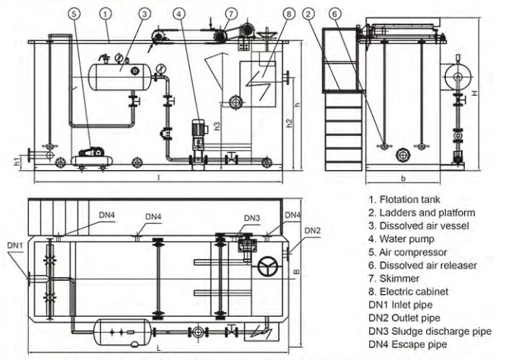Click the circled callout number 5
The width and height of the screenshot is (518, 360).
click(x=74, y=14)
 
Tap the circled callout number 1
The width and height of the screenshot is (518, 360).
click(x=106, y=14)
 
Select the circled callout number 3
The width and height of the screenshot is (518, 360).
click(x=144, y=14)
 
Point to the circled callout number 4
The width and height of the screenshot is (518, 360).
click(x=179, y=14)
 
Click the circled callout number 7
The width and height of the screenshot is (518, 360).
click(x=231, y=14)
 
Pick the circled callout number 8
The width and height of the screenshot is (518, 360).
click(x=289, y=14)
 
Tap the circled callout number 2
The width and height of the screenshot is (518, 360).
click(x=308, y=14)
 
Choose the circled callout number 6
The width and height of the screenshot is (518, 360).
click(x=335, y=14)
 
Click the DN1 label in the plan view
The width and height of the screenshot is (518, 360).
click(x=15, y=245)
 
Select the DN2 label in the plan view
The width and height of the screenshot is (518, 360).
click(x=312, y=231)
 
